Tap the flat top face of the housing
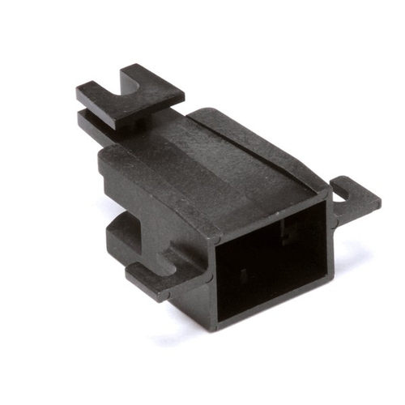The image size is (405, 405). tap(235, 162)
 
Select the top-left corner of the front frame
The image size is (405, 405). tap(212, 238)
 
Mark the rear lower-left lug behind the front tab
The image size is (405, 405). tap(122, 235)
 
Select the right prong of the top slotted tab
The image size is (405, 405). tap(158, 87)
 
